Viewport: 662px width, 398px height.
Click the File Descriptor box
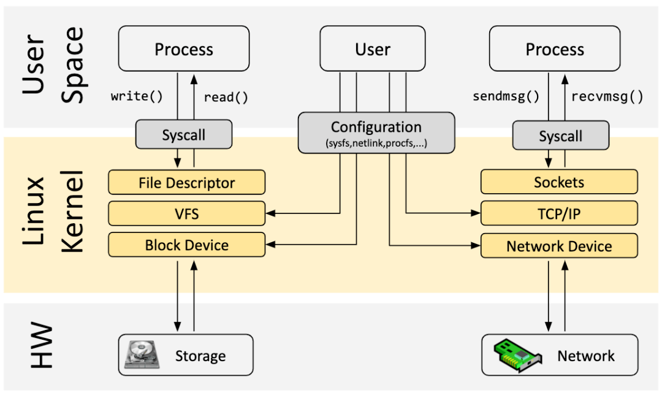coord(186,183)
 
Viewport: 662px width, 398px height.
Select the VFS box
coord(186,213)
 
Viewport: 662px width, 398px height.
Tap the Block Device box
coord(186,245)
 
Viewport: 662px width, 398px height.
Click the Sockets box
coord(558,182)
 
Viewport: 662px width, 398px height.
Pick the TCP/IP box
coord(558,213)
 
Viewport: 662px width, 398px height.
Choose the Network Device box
coord(558,246)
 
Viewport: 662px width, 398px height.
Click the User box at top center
coord(373,49)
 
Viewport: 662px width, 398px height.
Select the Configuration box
coord(376,132)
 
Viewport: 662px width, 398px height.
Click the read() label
coord(226,97)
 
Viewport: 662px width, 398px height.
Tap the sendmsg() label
coord(506,97)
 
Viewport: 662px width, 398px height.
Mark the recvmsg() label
coord(607,97)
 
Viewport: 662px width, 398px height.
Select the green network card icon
coord(517,355)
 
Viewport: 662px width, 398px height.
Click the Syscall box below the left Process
coord(183,135)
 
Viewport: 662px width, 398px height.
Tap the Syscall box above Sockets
coord(560,136)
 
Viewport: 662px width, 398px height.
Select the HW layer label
coord(42,346)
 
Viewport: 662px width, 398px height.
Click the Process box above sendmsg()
coord(554,49)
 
